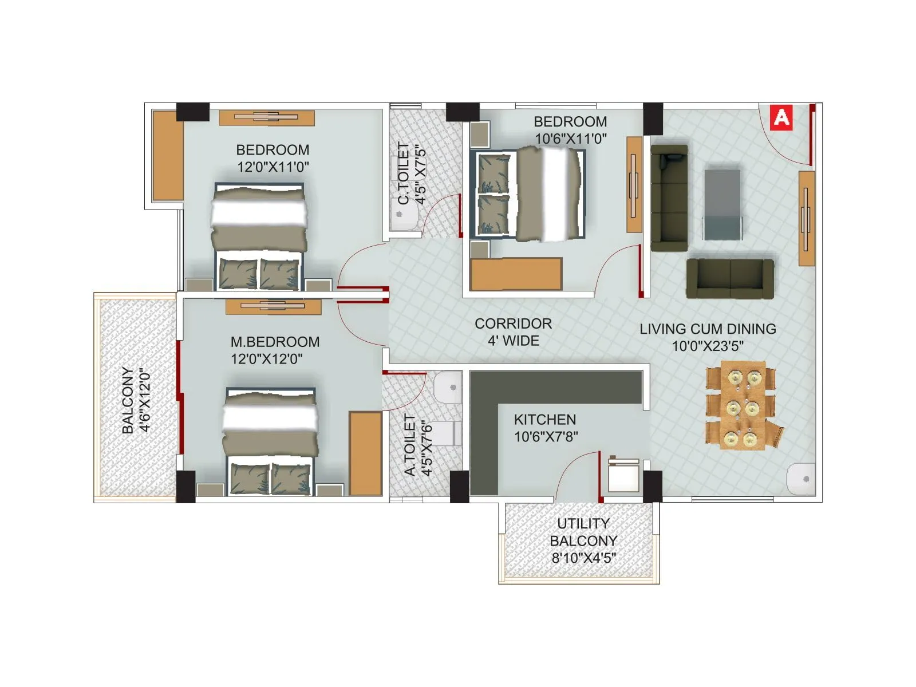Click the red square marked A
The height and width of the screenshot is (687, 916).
781,118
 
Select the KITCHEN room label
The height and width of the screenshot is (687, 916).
544,420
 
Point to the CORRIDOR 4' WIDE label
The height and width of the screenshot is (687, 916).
513,332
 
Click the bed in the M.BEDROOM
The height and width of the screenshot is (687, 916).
270,441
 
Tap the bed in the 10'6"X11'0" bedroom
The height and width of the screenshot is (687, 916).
528,194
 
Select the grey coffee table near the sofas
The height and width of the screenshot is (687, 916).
722,204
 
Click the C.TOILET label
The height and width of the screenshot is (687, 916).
404,173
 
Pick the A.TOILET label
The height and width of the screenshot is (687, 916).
410,445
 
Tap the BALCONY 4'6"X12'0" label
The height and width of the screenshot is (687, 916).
136,400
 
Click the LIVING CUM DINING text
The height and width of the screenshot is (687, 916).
708,329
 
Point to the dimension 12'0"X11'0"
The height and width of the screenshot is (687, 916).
273,167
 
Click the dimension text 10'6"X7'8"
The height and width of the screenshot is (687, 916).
546,437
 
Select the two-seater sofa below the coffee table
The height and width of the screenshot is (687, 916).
730,279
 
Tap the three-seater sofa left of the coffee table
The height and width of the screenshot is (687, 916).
669,198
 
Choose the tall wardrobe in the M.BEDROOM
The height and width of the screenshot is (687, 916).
365,453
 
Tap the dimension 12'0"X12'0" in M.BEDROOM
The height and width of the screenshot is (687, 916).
266,359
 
